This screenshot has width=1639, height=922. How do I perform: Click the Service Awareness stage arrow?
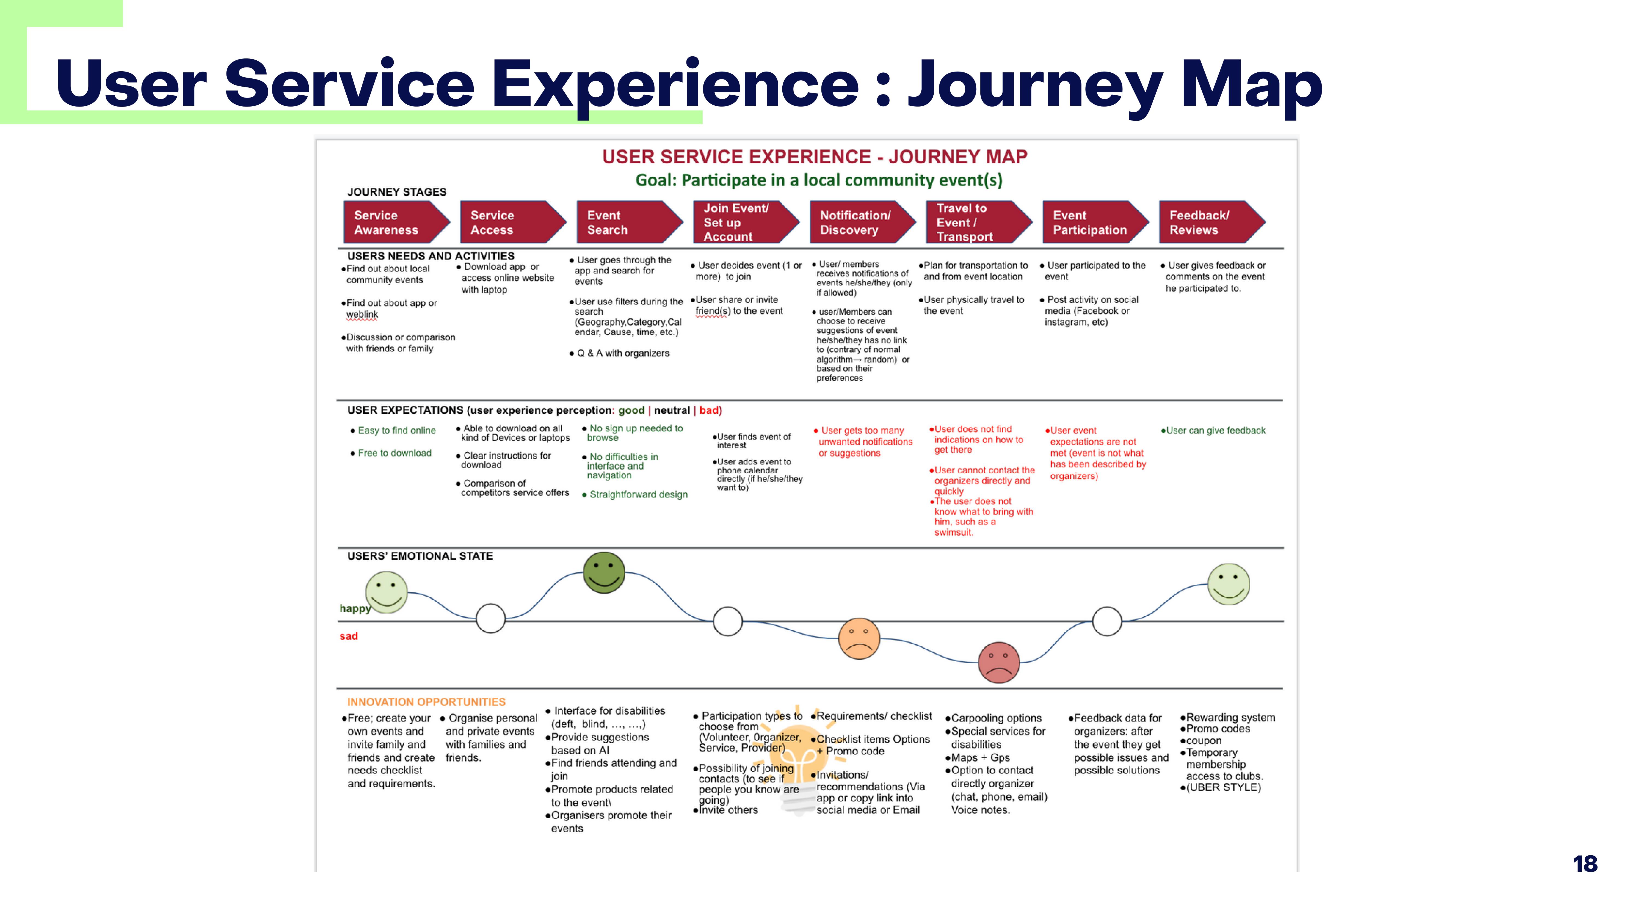coord(394,222)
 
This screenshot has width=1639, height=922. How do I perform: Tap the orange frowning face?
coord(859,638)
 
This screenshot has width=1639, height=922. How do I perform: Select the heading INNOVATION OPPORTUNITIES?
coord(426,702)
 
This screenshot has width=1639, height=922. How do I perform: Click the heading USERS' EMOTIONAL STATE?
coord(420,556)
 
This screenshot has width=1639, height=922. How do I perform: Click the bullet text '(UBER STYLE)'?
coord(1223,788)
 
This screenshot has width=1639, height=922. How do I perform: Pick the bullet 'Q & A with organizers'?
coord(622,353)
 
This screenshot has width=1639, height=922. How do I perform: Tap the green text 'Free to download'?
coord(394,453)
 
